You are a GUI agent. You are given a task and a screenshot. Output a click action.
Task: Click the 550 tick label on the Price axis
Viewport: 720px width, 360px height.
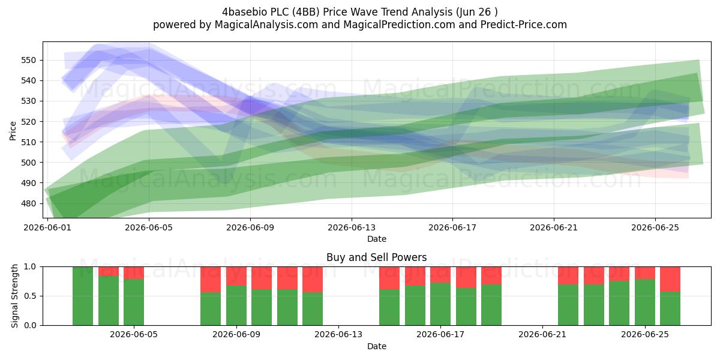[28, 60]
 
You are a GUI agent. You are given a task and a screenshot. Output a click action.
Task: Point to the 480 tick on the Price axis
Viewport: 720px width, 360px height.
[28, 203]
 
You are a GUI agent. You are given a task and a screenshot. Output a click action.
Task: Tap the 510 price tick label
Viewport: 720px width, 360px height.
[28, 142]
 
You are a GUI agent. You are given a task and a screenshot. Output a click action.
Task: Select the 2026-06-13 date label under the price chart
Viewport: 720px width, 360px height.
[352, 227]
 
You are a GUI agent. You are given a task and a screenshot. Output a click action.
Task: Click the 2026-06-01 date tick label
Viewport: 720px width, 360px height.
[47, 227]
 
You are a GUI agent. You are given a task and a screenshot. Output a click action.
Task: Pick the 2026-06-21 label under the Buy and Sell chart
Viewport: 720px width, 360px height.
[542, 335]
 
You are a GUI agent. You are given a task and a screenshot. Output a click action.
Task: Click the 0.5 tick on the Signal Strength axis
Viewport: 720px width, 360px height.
[30, 296]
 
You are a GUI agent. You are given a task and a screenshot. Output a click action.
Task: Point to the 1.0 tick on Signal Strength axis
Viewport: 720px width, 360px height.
[30, 267]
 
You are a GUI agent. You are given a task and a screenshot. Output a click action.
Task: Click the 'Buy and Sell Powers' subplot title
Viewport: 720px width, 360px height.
[376, 257]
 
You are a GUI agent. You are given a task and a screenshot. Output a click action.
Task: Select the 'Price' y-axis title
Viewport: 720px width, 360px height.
[13, 131]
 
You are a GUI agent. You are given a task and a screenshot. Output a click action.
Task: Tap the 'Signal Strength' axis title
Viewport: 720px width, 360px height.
[14, 296]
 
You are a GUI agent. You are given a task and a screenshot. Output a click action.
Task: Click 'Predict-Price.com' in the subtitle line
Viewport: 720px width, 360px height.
[524, 25]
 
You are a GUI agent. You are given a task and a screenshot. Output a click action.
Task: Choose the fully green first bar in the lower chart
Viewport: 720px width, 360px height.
[83, 296]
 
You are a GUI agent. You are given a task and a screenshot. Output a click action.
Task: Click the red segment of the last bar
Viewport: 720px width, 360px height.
[670, 279]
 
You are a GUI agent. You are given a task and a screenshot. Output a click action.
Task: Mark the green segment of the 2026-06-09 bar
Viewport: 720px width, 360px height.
[236, 305]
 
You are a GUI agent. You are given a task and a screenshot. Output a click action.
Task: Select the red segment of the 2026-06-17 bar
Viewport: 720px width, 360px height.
[440, 275]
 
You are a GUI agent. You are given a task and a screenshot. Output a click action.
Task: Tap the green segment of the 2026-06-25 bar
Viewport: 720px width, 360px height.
[645, 302]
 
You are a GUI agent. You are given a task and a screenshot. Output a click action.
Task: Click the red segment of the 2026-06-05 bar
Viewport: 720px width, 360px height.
[134, 273]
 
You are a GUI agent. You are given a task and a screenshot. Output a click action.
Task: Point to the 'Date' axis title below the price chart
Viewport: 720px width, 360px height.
[377, 239]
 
